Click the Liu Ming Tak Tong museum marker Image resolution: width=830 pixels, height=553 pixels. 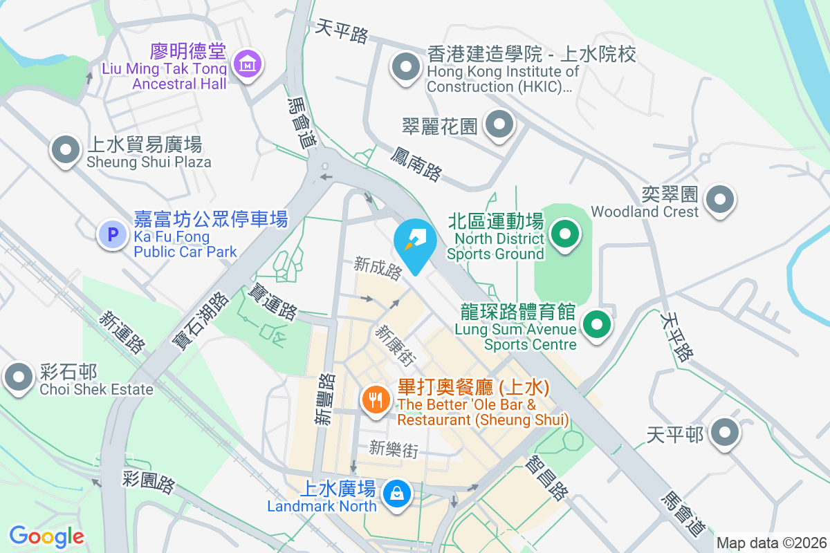247,64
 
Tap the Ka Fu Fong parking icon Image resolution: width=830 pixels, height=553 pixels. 112,234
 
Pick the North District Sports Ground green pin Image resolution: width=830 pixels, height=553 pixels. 565,234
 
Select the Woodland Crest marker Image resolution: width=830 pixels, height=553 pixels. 719,200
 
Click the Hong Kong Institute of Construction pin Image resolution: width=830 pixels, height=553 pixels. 406,68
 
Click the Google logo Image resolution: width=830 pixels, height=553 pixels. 46,536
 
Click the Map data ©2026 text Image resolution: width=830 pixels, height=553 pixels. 771,543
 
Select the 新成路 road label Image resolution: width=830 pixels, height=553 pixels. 378,268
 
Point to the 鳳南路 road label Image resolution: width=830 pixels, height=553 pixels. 416,163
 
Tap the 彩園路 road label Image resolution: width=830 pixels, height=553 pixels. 149,482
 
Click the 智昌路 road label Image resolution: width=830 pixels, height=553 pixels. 547,478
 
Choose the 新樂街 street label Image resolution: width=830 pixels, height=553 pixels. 394,449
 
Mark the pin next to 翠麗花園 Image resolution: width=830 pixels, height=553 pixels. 499,126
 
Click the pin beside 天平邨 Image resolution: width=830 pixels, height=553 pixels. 724,433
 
